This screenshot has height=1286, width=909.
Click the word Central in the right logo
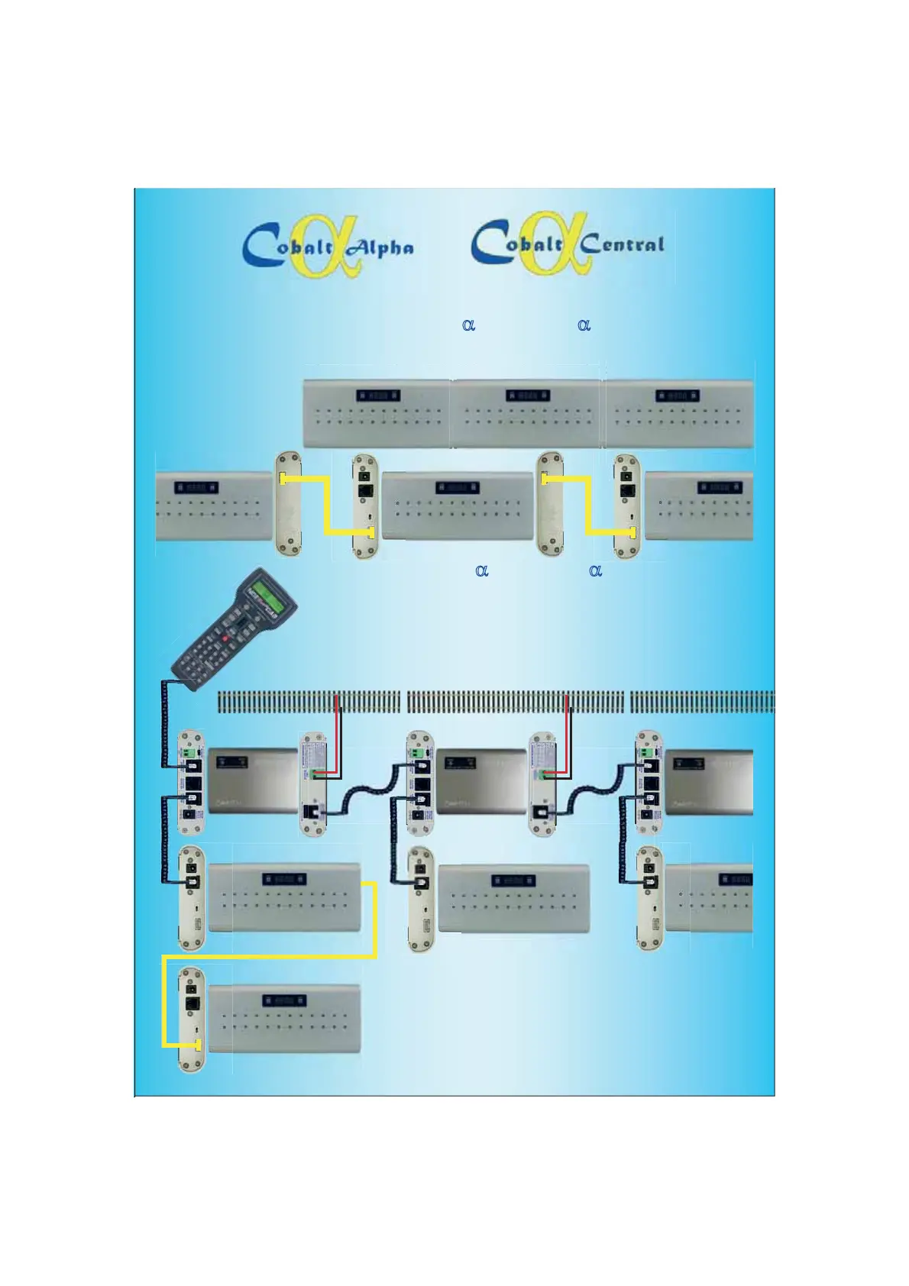622,244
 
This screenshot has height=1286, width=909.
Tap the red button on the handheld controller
225,638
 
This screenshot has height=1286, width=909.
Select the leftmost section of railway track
309,701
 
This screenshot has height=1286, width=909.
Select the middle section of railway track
515,701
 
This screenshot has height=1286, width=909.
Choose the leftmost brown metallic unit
252,780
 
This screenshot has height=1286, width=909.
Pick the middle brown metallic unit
480,780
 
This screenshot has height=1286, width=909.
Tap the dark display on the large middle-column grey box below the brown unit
513,880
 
